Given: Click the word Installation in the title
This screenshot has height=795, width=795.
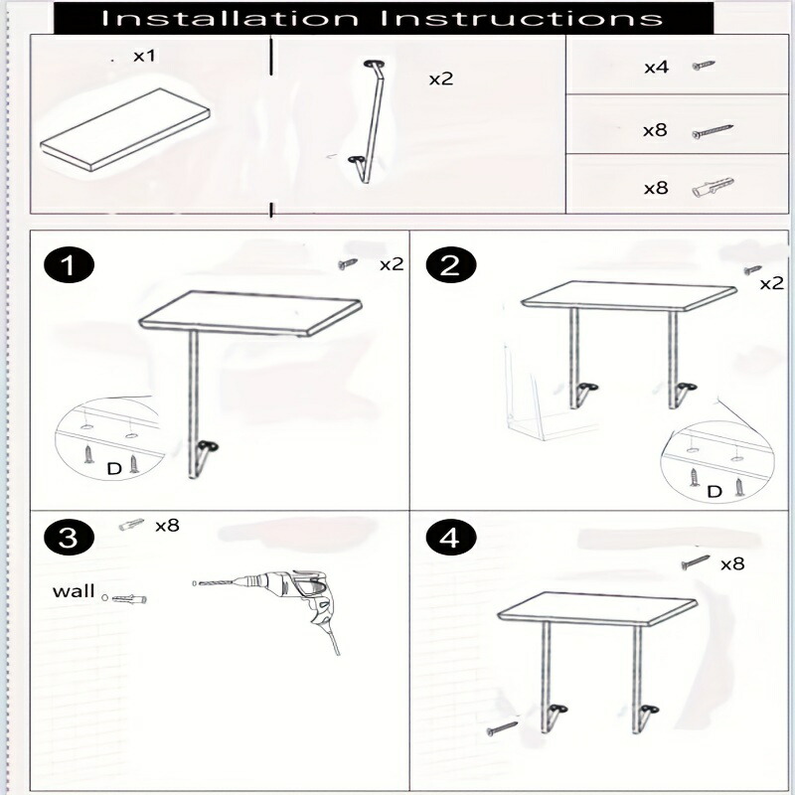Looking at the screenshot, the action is coord(230,18).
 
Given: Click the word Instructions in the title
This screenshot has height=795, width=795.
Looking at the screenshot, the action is coord(521,18).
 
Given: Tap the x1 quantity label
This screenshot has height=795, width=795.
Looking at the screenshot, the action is coord(144,56).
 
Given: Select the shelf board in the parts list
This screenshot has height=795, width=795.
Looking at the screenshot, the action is coord(125,130).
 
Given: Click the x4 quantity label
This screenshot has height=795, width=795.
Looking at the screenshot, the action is coord(656,67).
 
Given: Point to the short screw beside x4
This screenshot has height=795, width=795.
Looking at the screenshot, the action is coord(704,66).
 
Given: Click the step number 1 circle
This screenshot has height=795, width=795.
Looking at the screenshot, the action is coord(69,264).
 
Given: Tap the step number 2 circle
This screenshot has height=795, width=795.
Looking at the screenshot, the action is coord(451,264).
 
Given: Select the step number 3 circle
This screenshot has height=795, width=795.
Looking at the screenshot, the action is coord(69,538).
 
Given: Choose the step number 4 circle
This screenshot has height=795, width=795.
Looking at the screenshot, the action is coord(451,538).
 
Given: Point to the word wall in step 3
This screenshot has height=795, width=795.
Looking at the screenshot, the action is coord(74,591).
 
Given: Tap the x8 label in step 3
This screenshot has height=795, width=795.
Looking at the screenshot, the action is coord(167,526).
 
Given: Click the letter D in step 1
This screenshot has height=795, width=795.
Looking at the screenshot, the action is coord(114,469).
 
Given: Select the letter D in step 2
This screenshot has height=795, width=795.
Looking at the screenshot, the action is coord(714,491).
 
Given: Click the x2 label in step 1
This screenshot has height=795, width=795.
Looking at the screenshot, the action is coord(392,264).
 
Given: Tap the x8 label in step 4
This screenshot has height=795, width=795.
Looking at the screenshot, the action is coord(732,563).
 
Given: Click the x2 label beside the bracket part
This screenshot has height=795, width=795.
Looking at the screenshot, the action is coord(441,79).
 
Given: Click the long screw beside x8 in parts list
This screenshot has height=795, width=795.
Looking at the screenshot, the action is coord(713,131).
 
